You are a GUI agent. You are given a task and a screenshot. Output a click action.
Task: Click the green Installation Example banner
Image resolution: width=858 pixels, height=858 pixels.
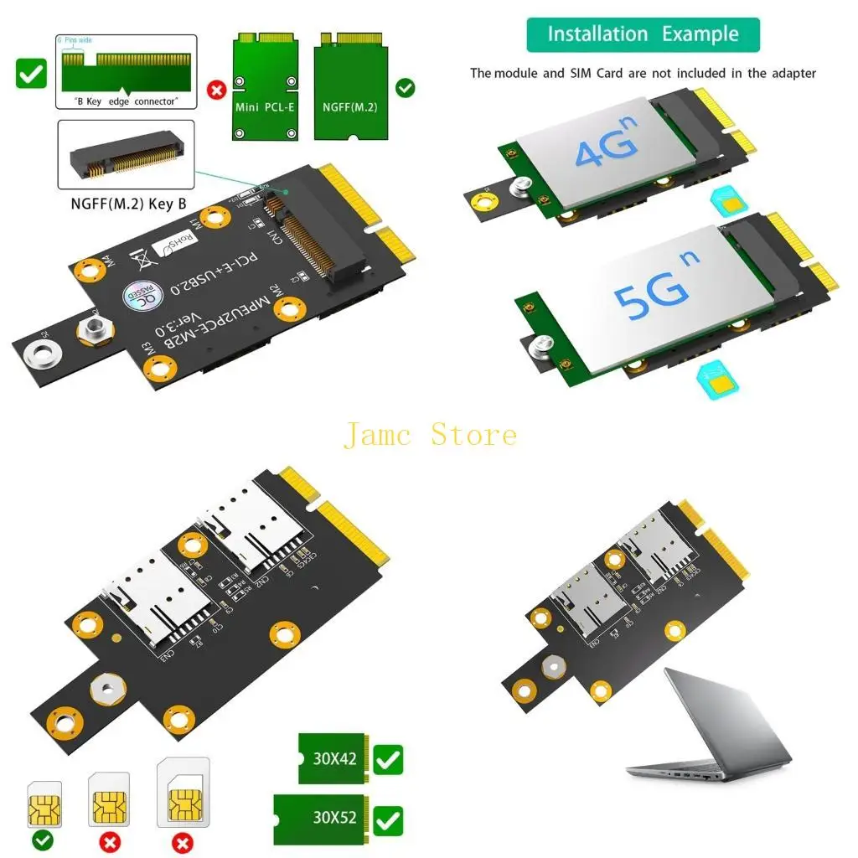point(643,34)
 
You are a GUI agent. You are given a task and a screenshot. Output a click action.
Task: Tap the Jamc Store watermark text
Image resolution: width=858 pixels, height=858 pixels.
point(430,435)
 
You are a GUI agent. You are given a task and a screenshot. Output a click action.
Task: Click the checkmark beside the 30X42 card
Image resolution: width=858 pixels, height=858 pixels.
point(388,760)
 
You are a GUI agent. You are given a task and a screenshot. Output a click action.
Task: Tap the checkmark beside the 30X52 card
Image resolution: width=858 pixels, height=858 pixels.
point(388,819)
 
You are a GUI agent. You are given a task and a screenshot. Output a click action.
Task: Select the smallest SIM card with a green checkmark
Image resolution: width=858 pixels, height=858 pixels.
point(44,807)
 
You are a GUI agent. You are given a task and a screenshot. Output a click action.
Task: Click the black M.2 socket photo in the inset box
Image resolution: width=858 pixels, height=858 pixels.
point(125,154)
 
